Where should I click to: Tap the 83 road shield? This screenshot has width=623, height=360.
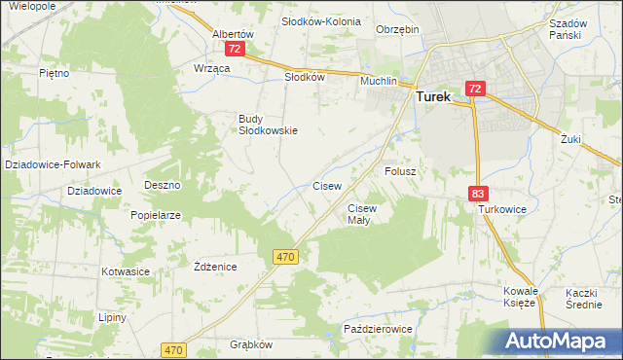[x=477, y=195]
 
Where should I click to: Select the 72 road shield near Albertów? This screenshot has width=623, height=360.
[x=234, y=48]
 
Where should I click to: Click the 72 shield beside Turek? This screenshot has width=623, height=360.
[x=474, y=89]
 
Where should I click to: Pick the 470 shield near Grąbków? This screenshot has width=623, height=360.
[x=174, y=349]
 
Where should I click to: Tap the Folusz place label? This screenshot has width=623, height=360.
[x=400, y=171]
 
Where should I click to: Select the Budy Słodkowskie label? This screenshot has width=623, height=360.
[x=268, y=125]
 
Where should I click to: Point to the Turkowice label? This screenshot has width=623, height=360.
[x=501, y=209]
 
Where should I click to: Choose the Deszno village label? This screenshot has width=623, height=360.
[x=163, y=185]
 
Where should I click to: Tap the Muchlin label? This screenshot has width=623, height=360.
[x=380, y=82]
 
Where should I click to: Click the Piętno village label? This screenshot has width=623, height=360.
[x=54, y=73]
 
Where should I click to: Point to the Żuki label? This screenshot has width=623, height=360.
[x=570, y=139]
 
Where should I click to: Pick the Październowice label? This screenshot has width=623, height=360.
[x=379, y=330]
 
